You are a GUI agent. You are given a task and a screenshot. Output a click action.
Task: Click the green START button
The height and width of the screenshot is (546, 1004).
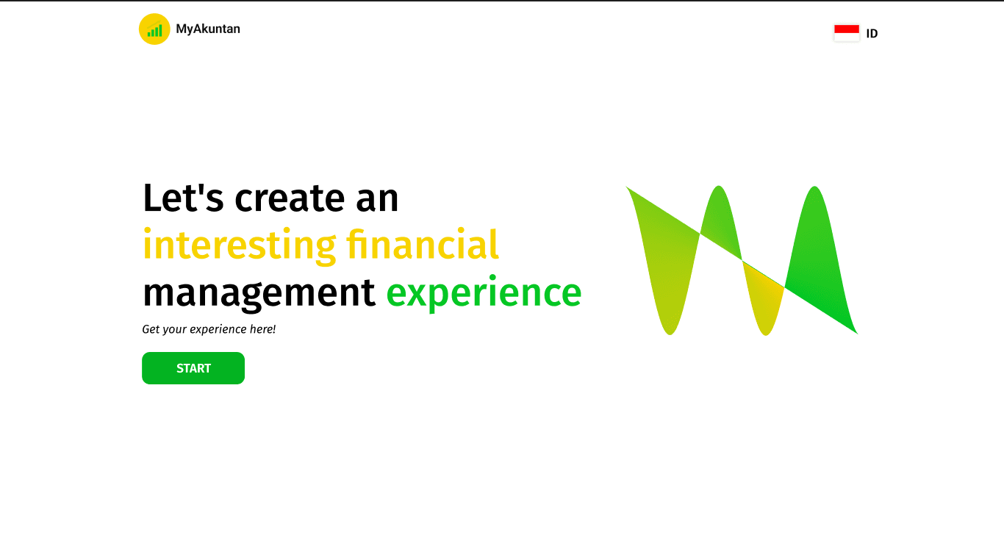pyautogui.click(x=193, y=368)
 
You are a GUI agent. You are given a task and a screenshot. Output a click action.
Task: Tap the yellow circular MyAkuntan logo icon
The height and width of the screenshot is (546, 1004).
pyautogui.click(x=154, y=29)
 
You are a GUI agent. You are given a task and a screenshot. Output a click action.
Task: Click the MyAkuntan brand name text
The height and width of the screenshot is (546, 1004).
pyautogui.click(x=208, y=29)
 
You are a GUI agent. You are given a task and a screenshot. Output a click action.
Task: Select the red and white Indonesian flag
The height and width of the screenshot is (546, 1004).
pyautogui.click(x=847, y=33)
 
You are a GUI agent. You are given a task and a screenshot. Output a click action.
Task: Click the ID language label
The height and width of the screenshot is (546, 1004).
pyautogui.click(x=872, y=34)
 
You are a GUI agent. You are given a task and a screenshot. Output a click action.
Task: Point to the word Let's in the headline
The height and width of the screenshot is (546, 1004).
pyautogui.click(x=183, y=198)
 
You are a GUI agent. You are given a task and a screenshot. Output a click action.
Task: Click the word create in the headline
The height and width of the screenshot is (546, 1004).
pyautogui.click(x=290, y=198)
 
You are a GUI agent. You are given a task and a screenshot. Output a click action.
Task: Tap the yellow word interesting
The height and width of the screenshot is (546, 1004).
pyautogui.click(x=240, y=245)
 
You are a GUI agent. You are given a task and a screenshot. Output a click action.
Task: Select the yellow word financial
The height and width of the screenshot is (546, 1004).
pyautogui.click(x=422, y=244)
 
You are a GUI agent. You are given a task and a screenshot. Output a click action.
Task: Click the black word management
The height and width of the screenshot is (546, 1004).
pyautogui.click(x=259, y=294)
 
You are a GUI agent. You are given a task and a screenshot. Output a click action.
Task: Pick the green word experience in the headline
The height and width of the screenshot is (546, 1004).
pyautogui.click(x=484, y=294)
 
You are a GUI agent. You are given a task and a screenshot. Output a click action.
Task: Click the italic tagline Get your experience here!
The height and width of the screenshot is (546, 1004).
pyautogui.click(x=209, y=329)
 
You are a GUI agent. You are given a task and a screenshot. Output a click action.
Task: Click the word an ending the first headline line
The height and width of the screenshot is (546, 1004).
pyautogui.click(x=377, y=199)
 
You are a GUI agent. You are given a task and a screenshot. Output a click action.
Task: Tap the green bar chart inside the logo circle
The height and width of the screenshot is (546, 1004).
pyautogui.click(x=154, y=30)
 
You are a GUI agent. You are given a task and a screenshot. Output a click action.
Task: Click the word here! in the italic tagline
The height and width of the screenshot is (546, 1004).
pyautogui.click(x=262, y=328)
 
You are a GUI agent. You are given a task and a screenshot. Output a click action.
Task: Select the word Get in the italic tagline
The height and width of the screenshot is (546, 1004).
pyautogui.click(x=151, y=329)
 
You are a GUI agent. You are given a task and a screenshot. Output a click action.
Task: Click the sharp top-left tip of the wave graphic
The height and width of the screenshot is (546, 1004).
pyautogui.click(x=627, y=187)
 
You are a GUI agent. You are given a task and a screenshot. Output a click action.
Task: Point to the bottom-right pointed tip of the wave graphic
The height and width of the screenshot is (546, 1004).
pyautogui.click(x=857, y=333)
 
